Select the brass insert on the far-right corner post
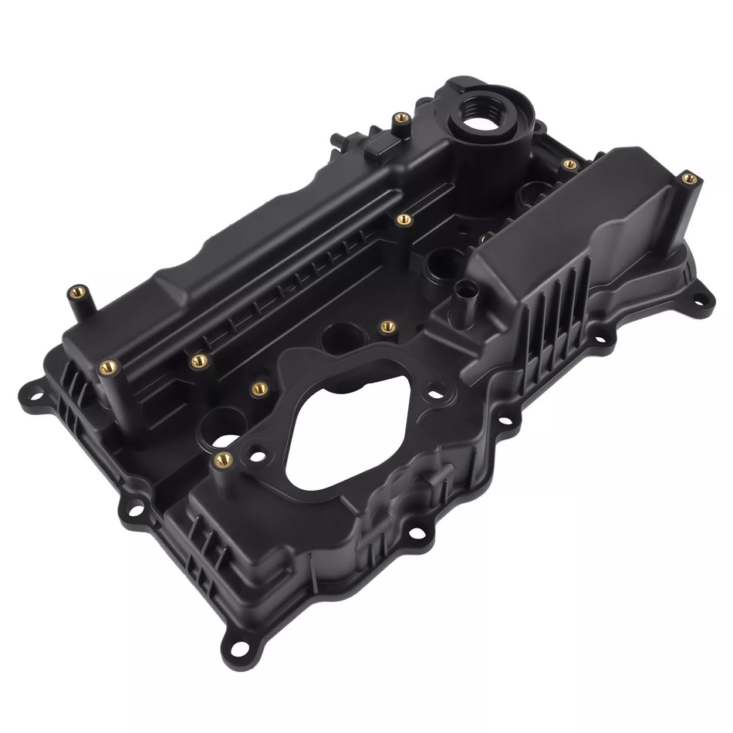point(689,179)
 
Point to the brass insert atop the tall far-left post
point(76,292)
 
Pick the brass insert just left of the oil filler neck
point(400,119)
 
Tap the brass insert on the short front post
point(222,460)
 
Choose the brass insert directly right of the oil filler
point(569,164)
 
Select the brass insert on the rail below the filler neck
point(403,220)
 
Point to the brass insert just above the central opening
point(388,327)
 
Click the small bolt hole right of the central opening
point(437,394)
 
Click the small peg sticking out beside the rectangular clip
point(337,141)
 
